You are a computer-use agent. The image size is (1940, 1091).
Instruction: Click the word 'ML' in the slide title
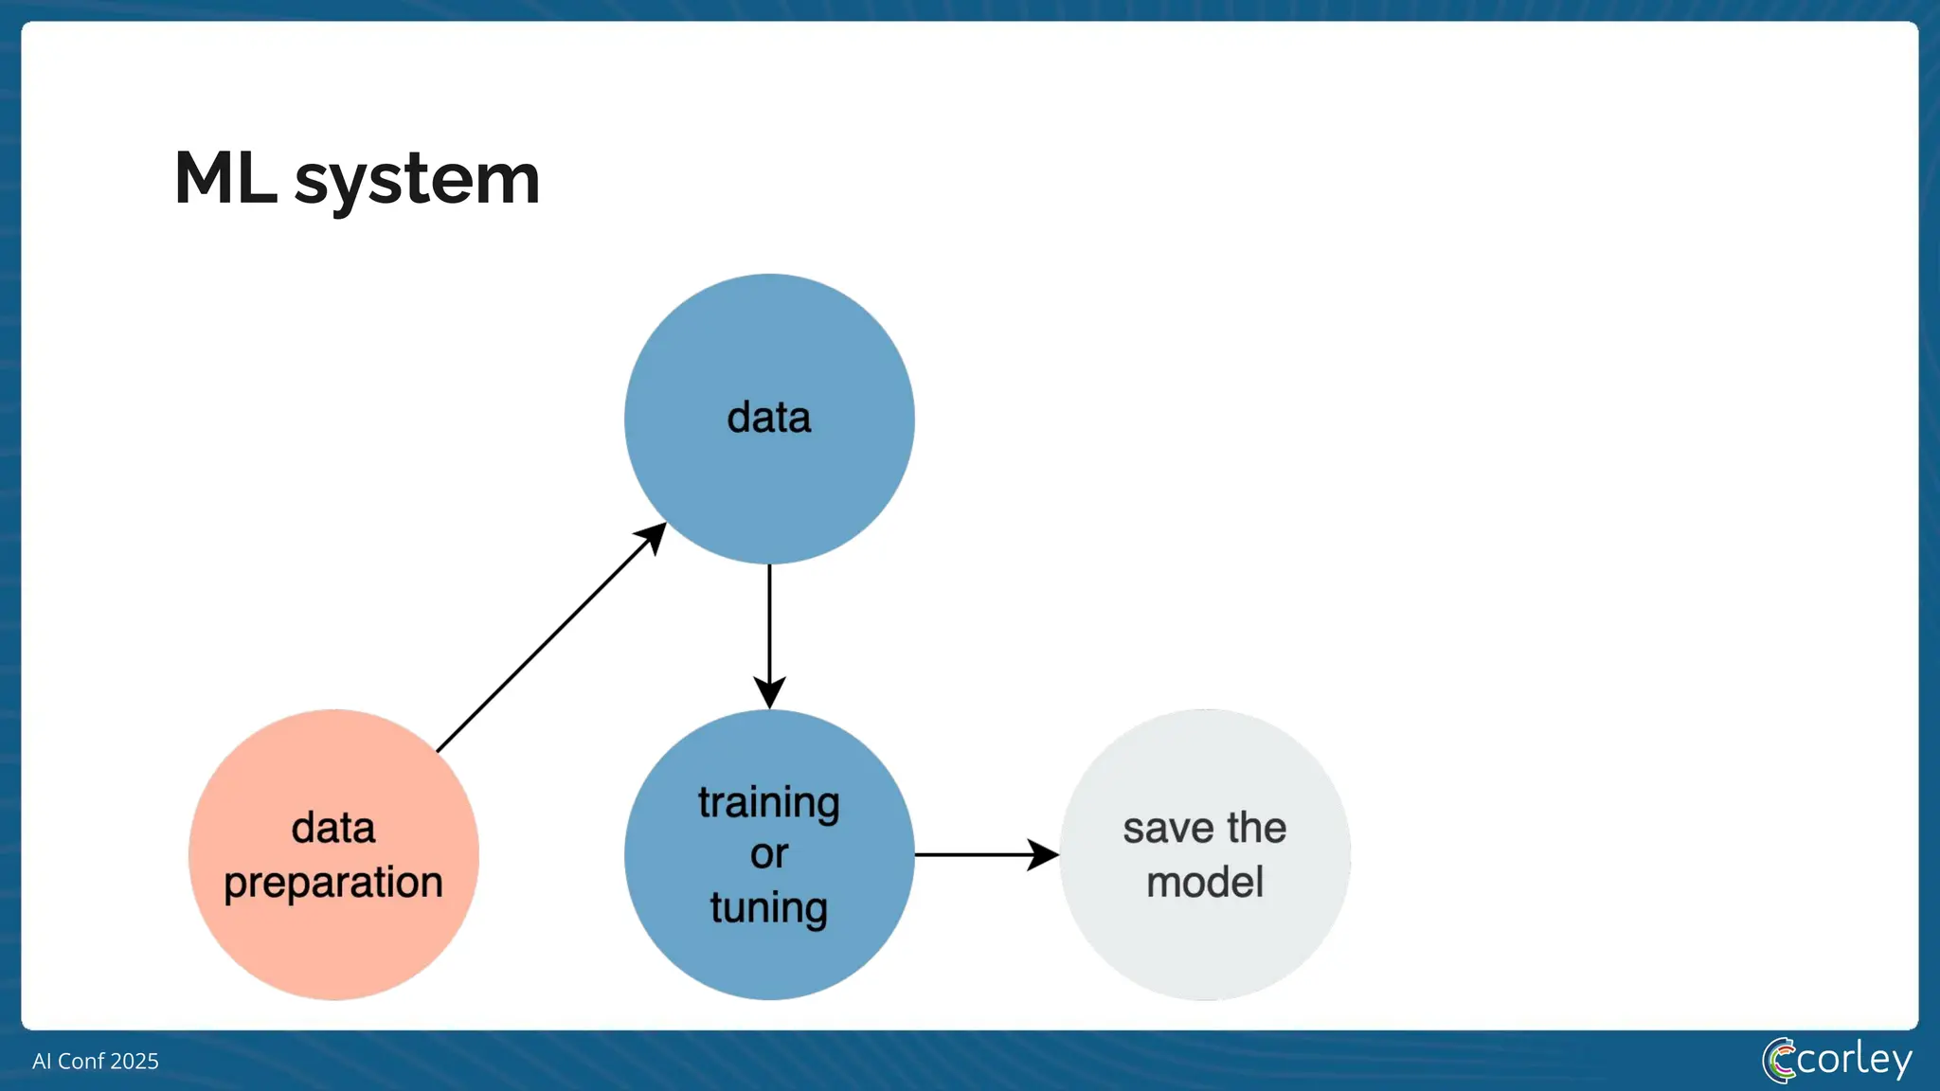pos(225,178)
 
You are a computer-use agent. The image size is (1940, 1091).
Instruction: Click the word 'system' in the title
pos(417,180)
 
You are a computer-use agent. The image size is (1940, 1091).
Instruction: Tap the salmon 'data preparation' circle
pos(333,947)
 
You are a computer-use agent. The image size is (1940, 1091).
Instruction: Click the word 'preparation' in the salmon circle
pos(333,883)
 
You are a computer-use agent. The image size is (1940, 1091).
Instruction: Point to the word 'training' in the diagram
pos(769,802)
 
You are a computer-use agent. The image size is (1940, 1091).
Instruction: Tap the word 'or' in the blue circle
pos(769,854)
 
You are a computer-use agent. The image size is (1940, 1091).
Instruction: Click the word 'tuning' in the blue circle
pos(769,907)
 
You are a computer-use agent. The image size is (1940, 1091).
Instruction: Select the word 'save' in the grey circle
pos(1169,829)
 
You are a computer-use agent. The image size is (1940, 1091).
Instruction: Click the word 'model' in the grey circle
pos(1205,883)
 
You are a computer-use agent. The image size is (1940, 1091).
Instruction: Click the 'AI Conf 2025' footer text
pos(96,1061)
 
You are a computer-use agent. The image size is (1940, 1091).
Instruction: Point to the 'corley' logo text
pos(1853,1059)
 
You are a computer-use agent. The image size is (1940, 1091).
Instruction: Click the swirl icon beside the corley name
pos(1779,1061)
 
